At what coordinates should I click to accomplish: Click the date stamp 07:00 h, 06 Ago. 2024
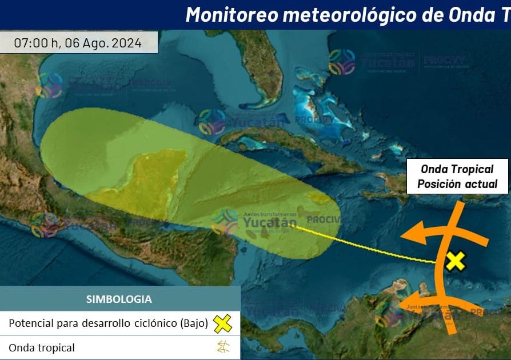78,43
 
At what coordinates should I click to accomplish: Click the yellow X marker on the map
455,261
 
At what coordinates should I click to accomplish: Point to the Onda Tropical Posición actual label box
457,176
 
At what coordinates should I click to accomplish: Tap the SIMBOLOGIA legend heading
119,299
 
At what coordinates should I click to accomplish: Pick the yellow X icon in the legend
222,323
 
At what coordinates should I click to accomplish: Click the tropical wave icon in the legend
223,347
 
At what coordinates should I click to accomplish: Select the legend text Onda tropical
42,347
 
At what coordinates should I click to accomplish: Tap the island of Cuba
286,143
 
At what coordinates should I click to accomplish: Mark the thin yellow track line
366,246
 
